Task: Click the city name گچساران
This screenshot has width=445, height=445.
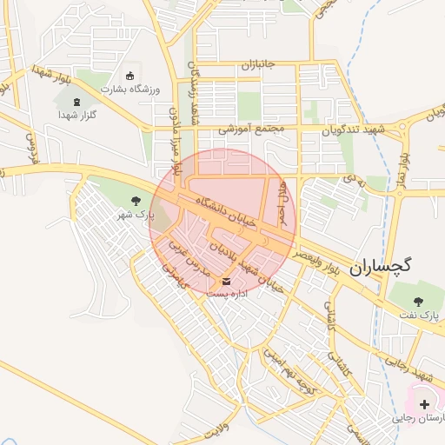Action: coord(381,267)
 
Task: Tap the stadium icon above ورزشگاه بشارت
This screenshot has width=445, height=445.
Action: coord(130,76)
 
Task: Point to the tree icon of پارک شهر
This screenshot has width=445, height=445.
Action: coord(135,201)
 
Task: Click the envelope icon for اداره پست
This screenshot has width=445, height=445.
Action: coord(227,282)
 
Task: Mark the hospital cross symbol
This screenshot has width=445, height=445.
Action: coord(424,405)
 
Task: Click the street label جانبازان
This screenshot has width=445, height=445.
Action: coord(257,65)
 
